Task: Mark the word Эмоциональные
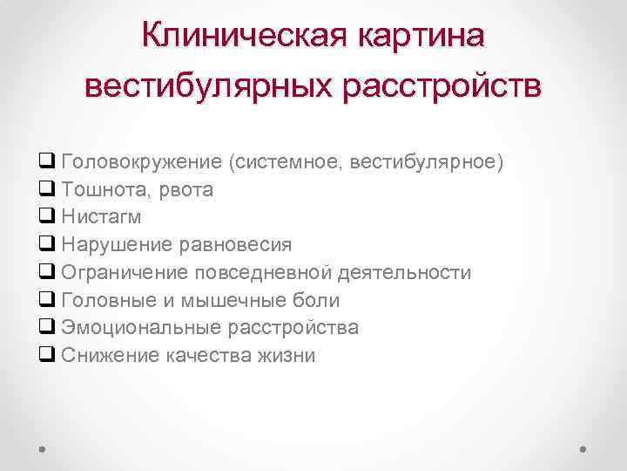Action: (x=141, y=328)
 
